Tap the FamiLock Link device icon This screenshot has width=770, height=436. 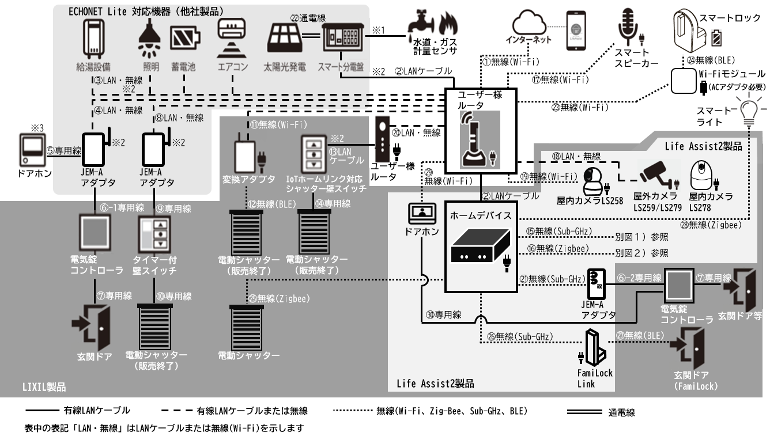point(591,348)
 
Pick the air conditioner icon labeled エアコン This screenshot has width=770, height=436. point(233,37)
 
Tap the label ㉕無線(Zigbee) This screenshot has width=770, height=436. point(283,298)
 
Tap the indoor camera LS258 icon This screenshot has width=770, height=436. point(595,181)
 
